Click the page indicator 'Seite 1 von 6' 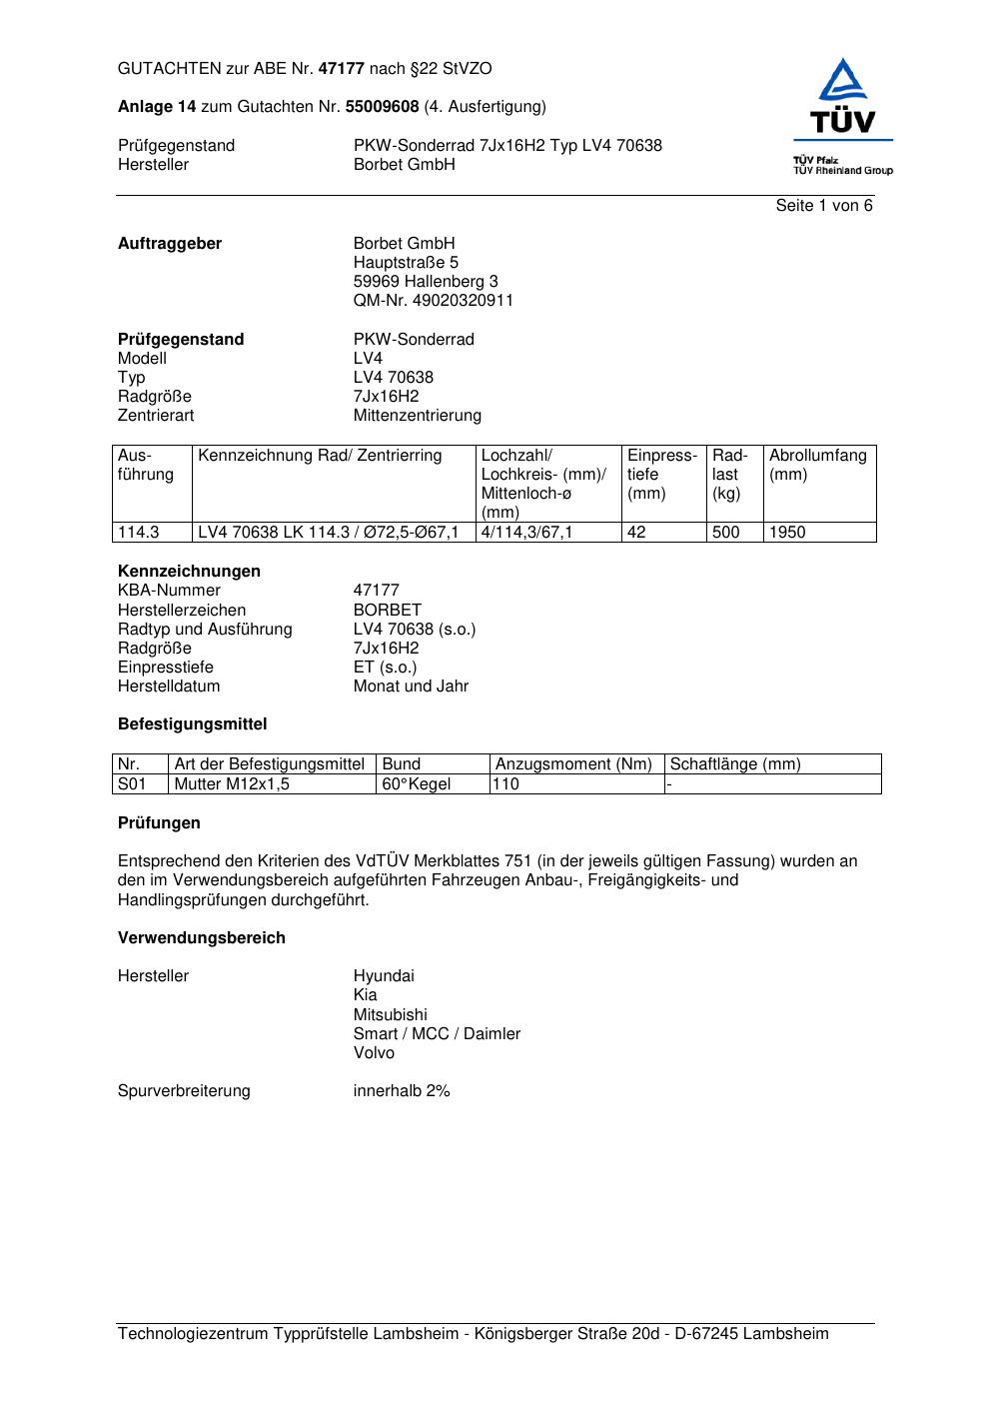click(823, 206)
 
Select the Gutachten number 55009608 click(382, 107)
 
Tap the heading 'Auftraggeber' click(170, 244)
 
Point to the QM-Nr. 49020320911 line click(433, 301)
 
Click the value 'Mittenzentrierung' click(417, 416)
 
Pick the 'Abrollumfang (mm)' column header click(817, 465)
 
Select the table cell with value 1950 click(787, 533)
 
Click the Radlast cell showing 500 click(726, 533)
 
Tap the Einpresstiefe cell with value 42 click(636, 533)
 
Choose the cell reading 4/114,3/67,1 click(526, 533)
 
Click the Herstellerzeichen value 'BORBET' click(387, 611)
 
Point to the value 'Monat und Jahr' click(411, 687)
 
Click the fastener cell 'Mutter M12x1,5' click(232, 784)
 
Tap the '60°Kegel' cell click(417, 784)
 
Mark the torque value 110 click(506, 784)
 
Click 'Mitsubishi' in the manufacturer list click(390, 1015)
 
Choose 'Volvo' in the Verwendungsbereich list click(374, 1053)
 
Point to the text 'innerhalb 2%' click(402, 1091)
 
